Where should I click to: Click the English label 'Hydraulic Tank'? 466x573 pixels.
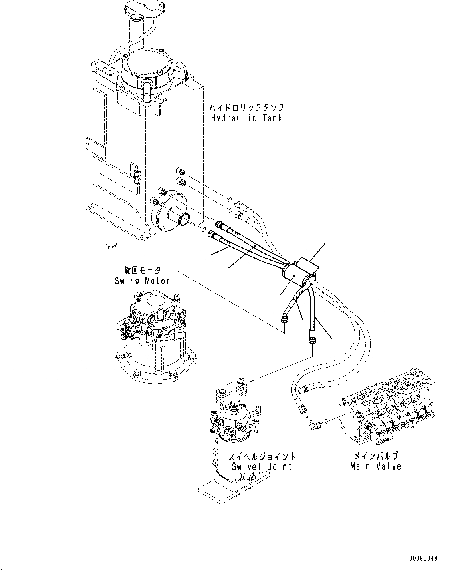coord(246,118)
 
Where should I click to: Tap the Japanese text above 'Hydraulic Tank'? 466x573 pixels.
coord(246,107)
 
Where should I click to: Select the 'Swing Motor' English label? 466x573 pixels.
coord(142,281)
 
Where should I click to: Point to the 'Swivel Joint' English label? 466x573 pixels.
coord(262,466)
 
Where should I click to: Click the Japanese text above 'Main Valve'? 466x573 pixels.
coord(375,456)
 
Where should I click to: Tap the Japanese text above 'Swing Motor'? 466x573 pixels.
coord(142,271)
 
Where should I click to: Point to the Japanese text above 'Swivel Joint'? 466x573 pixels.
coord(262,456)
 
